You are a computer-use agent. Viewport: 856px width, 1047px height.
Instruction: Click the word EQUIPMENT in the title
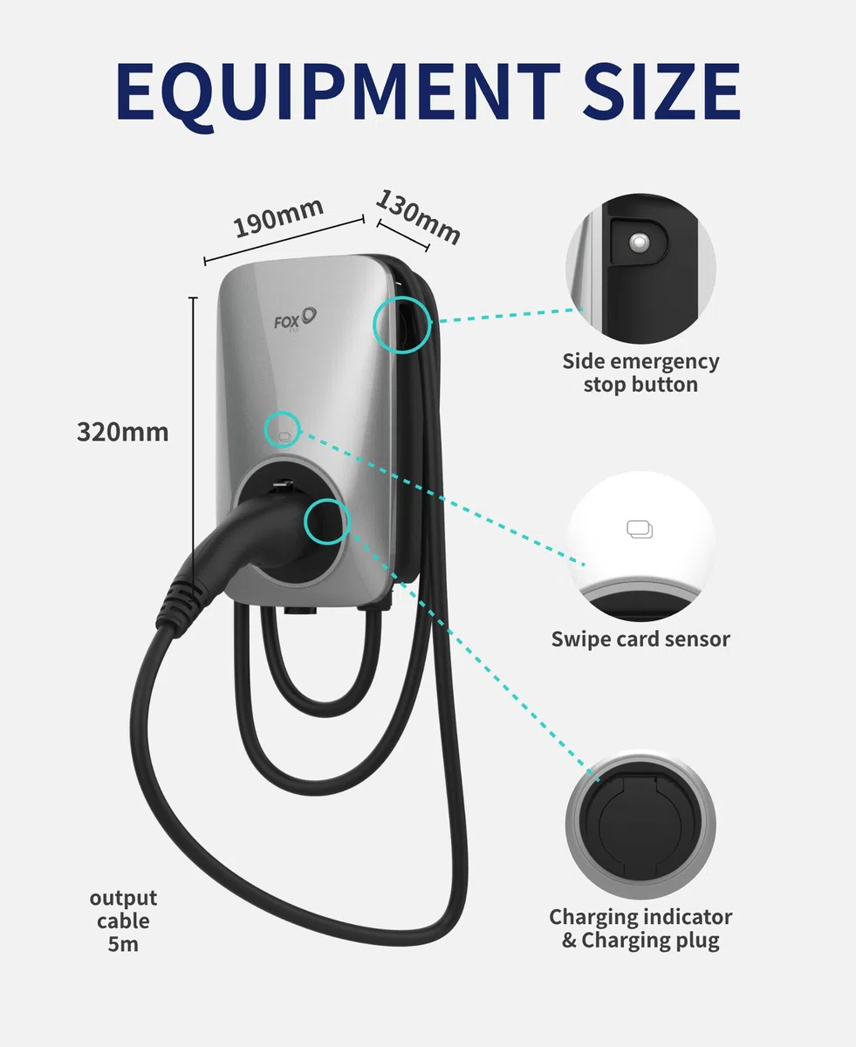339,93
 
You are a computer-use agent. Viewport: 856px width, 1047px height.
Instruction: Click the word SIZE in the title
661,92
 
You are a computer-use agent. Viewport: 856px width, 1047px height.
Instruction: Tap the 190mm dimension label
278,217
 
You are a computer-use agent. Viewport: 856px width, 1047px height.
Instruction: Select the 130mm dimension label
418,217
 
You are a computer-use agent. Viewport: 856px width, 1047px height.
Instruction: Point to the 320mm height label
123,432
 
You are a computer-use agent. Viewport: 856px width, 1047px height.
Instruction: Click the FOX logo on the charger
295,319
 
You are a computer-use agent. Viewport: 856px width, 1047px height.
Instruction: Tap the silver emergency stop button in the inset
640,243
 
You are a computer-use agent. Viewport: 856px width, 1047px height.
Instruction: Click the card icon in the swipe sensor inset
640,530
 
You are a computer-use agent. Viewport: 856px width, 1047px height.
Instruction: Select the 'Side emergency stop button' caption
640,373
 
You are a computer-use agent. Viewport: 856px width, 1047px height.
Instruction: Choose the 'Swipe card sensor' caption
640,640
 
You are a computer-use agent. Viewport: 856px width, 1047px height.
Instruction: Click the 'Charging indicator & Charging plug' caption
640,929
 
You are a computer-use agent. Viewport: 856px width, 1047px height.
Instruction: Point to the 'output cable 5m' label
123,921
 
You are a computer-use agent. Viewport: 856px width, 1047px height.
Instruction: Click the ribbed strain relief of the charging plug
181,603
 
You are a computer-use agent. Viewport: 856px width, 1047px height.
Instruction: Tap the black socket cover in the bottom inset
640,826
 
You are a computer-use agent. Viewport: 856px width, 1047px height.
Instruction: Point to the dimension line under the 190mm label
284,240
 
